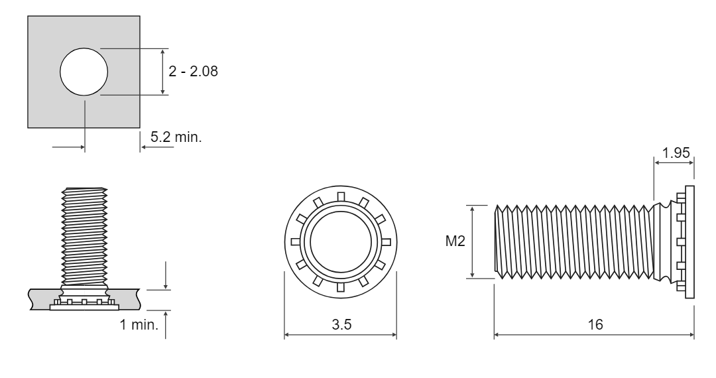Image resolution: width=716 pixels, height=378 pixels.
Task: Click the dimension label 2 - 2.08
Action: [193, 71]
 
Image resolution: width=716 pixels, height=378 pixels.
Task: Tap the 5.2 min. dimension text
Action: [176, 137]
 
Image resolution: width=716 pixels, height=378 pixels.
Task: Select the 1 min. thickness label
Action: [139, 324]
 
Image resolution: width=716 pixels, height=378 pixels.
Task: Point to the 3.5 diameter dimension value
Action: [341, 324]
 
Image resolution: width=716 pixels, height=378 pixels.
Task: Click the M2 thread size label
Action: [455, 241]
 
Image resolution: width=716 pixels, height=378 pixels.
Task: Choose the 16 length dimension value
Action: [595, 324]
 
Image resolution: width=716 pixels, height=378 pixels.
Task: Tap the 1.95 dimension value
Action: [676, 153]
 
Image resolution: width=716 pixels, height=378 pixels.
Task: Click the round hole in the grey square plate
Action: [84, 72]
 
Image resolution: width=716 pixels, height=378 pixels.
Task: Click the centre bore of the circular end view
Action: [341, 242]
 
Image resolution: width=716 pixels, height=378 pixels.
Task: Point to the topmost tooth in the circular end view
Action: [341, 197]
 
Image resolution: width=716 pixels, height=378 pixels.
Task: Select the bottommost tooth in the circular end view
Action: [341, 287]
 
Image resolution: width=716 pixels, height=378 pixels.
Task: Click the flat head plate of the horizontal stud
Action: [689, 242]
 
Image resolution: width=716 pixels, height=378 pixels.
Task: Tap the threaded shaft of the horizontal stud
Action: [574, 242]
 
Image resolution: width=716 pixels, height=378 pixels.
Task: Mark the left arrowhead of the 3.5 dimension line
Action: [287, 335]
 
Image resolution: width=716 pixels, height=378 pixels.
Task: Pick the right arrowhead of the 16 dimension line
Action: [691, 335]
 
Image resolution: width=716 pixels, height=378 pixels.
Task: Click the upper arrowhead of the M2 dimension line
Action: [473, 209]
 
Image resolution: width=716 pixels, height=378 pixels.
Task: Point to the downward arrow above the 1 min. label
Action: [165, 275]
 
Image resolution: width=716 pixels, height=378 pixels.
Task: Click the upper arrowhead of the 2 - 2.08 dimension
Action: [162, 52]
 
